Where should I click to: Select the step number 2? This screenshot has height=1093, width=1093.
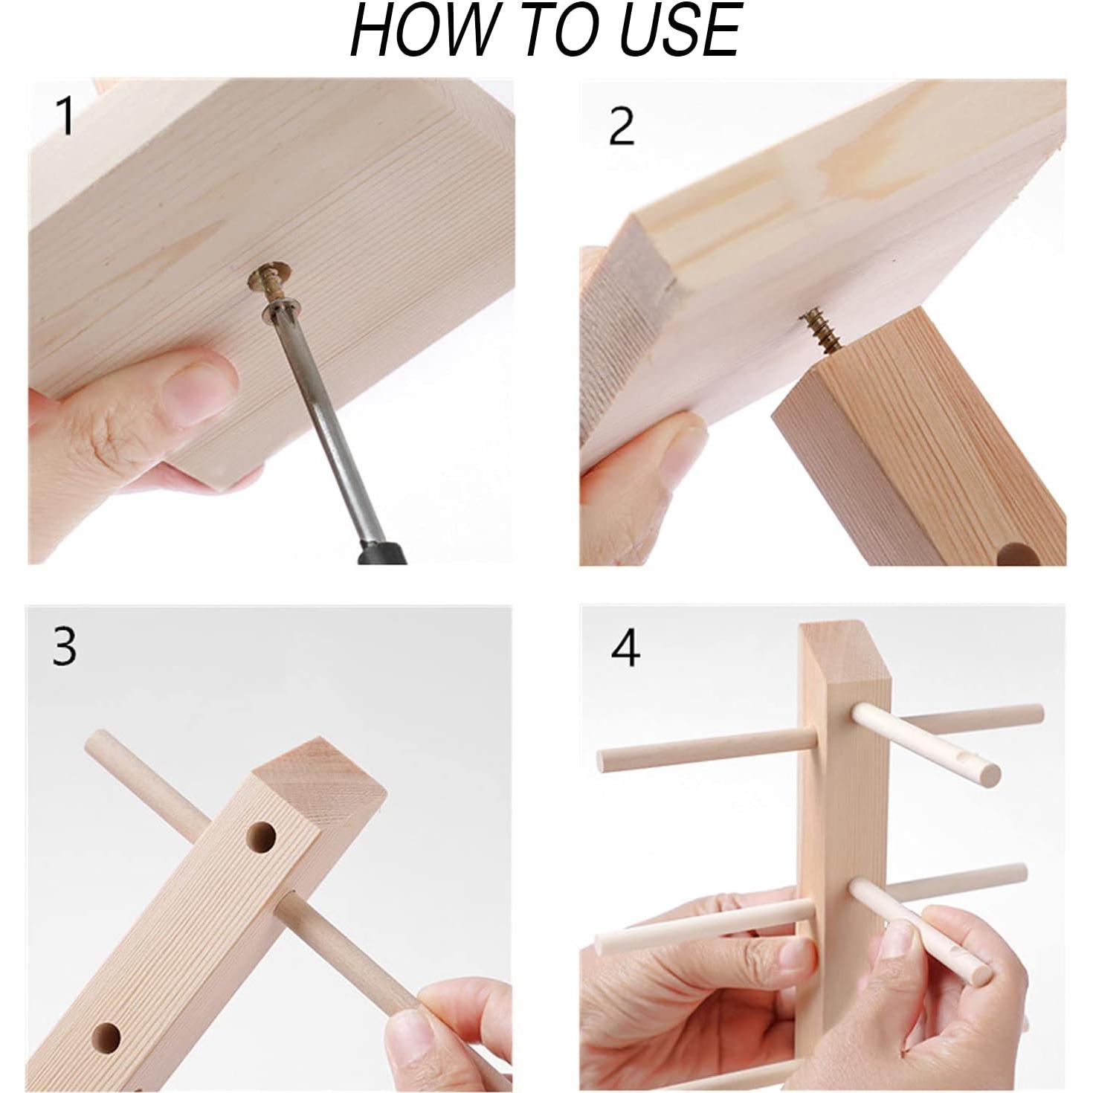[622, 126]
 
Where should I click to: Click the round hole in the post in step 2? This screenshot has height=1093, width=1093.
[1013, 555]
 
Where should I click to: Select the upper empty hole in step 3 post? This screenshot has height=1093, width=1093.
[262, 839]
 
